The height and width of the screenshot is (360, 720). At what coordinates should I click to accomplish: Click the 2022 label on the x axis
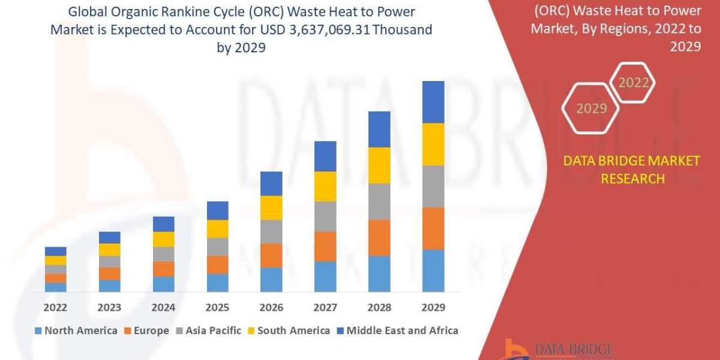click(56, 307)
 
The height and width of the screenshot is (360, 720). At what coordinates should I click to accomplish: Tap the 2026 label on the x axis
click(271, 307)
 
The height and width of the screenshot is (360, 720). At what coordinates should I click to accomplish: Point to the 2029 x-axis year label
click(433, 307)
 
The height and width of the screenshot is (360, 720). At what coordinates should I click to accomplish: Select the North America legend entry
click(76, 331)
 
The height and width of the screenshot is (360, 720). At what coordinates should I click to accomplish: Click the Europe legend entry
click(148, 331)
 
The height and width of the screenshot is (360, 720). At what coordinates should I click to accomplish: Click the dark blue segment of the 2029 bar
click(433, 102)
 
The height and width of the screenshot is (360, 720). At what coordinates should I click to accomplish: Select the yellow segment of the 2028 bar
click(379, 165)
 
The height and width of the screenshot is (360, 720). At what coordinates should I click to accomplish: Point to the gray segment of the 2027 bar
click(325, 216)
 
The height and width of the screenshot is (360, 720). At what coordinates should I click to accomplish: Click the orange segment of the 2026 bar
click(271, 255)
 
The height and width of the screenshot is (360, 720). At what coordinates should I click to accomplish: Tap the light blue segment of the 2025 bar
click(217, 283)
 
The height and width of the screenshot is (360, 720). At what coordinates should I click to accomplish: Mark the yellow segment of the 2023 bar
click(110, 250)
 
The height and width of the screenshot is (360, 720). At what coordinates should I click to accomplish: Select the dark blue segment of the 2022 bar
click(56, 251)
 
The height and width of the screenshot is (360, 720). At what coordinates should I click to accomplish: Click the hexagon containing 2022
click(633, 83)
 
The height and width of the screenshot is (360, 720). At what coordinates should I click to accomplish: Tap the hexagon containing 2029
click(591, 109)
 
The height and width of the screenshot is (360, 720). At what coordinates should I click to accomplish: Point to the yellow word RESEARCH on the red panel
click(632, 178)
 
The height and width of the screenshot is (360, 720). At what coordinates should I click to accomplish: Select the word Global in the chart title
click(86, 12)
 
